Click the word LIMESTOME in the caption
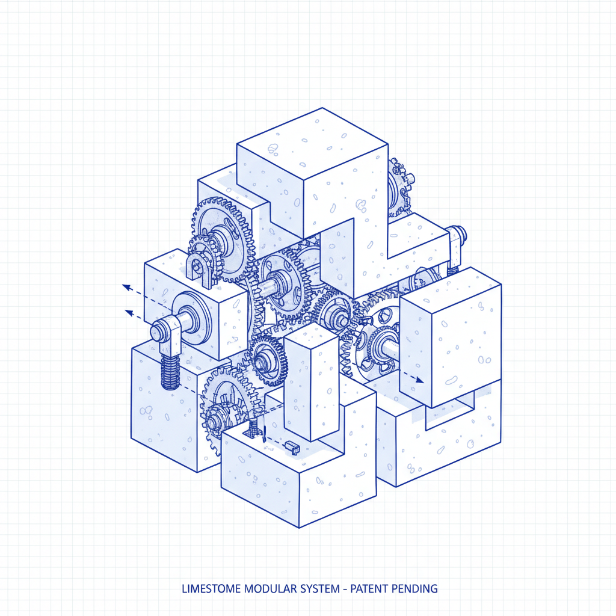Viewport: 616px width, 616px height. point(211,588)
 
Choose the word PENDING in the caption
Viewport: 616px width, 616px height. point(413,588)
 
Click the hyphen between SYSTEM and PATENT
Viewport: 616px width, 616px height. point(345,589)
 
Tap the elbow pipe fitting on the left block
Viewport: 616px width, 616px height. point(167,332)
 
